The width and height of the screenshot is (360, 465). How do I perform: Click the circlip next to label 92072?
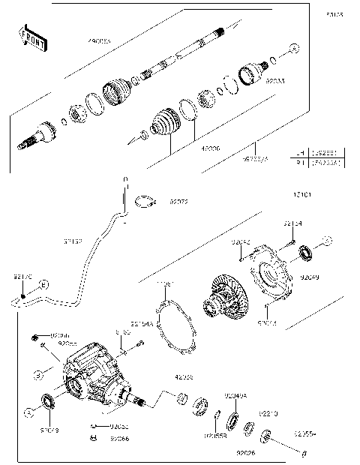coord(145,201)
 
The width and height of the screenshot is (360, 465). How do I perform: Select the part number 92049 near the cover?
coord(310,277)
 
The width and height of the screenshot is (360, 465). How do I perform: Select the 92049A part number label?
coord(235,395)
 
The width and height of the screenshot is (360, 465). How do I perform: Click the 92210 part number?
coord(269,413)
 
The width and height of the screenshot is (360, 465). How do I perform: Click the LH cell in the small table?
coord(300,152)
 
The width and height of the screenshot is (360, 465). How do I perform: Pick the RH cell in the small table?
coord(300,160)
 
